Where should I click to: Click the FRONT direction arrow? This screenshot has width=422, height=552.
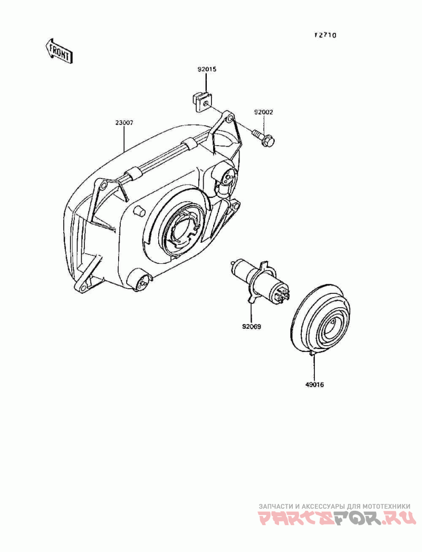coord(59,51)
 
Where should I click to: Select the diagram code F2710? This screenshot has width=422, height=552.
coord(325,35)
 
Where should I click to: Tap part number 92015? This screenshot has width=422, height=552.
coord(207,69)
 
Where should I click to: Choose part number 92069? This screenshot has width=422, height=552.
coord(252,326)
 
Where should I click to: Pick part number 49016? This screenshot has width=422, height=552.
coord(314,385)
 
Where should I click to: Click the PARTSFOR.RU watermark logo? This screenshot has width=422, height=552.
coord(337,519)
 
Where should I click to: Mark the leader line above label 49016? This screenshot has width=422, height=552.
coord(314,367)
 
